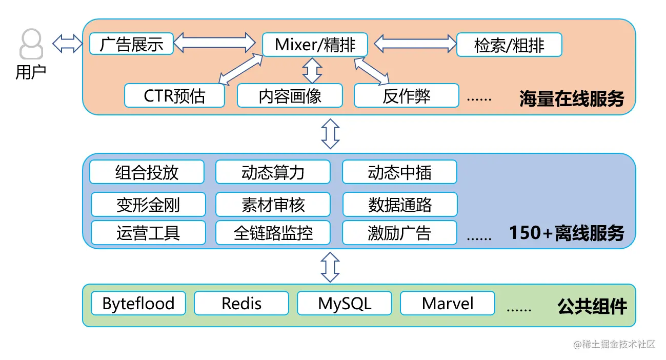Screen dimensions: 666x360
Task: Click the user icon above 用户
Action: (31, 44)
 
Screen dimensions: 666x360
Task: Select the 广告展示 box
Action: (131, 44)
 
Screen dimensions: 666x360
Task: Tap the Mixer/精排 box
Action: (315, 45)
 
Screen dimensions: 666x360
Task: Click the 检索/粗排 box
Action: (509, 45)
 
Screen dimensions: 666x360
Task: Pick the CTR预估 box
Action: (174, 95)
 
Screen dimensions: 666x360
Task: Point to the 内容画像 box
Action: (290, 95)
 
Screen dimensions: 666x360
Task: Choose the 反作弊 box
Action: (407, 95)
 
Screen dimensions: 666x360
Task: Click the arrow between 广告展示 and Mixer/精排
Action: (214, 43)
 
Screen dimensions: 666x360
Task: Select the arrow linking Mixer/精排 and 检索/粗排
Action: (415, 44)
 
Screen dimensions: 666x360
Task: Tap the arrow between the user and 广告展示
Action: (67, 44)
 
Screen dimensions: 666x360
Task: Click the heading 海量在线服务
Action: (572, 98)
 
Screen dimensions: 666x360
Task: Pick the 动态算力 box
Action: (273, 172)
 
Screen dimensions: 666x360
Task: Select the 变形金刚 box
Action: (148, 204)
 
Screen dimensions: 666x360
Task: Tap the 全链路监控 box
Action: (273, 233)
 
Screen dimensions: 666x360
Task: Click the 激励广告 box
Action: (399, 233)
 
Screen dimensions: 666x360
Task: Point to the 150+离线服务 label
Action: (567, 233)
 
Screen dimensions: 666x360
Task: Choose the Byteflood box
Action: (138, 303)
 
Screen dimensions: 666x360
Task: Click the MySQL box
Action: (345, 303)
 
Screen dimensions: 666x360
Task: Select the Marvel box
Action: (448, 303)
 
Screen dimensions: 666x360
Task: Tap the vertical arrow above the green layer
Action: (330, 267)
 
